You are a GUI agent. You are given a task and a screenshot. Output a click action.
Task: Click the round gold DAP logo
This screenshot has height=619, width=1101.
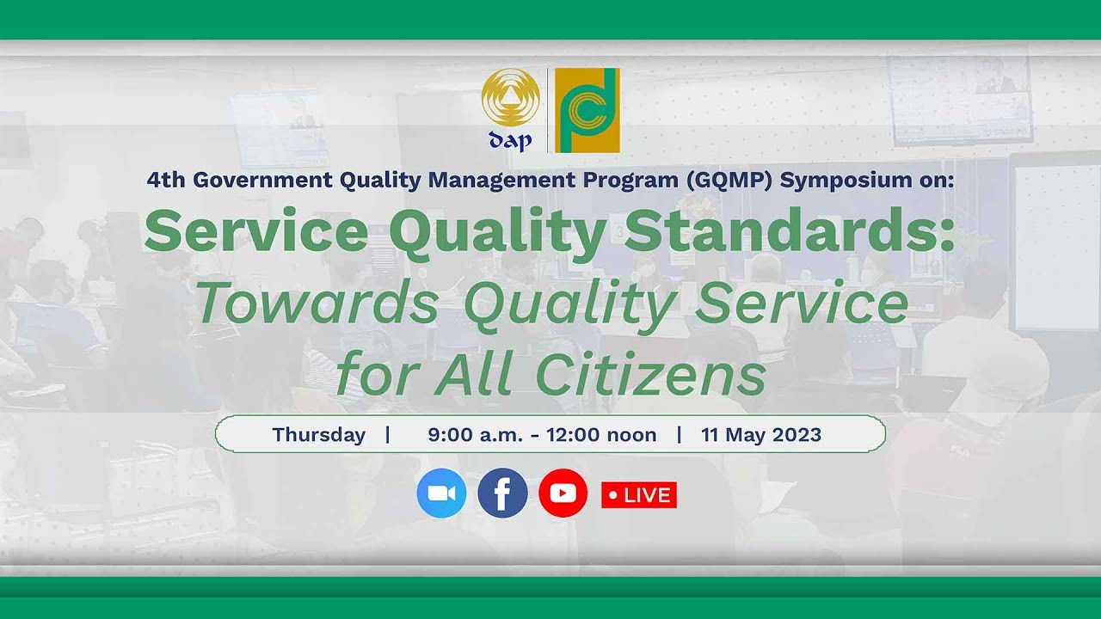[x=510, y=98]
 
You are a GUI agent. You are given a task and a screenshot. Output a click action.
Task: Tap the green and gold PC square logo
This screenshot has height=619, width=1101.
[x=587, y=110]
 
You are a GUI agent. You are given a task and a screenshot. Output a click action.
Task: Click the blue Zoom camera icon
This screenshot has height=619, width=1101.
[x=441, y=493]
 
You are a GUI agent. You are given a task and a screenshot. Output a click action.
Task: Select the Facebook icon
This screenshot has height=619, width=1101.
[x=502, y=493]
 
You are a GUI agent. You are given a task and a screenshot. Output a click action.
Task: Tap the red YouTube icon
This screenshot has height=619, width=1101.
[x=563, y=493]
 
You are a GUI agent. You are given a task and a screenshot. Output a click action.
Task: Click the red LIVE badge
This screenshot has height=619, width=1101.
[x=639, y=495]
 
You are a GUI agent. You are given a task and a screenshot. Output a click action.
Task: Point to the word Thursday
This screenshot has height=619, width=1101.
[x=318, y=435]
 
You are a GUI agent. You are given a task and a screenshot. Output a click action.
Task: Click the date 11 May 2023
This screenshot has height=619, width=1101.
[x=760, y=435]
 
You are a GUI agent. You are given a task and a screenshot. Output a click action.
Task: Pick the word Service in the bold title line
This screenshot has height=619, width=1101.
[x=259, y=232]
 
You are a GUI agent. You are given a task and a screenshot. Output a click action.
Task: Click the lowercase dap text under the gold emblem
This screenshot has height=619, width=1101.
[x=510, y=141]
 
